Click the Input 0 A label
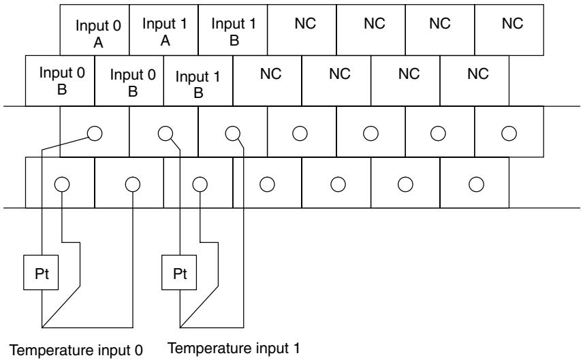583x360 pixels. click(98, 34)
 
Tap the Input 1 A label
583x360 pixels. click(165, 32)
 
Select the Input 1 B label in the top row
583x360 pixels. click(234, 32)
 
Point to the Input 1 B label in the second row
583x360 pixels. click(198, 84)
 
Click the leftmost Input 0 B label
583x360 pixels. click(62, 80)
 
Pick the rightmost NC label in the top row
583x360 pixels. click(512, 23)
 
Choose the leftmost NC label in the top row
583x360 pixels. click(305, 23)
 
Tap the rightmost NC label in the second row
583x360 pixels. click(478, 73)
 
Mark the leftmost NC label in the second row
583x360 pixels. click(270, 73)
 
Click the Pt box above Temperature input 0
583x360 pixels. click(41, 272)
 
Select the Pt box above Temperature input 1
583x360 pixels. click(179, 272)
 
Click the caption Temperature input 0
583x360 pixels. click(76, 350)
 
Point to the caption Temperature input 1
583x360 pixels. click(234, 348)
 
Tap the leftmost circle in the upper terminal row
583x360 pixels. click(95, 133)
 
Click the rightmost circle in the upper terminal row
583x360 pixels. click(509, 133)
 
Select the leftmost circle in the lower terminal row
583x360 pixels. click(62, 184)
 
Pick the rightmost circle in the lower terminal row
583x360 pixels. click(476, 184)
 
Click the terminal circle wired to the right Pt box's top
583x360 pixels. click(166, 133)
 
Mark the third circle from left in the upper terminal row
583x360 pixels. click(233, 133)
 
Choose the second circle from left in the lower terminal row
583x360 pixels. click(133, 184)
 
